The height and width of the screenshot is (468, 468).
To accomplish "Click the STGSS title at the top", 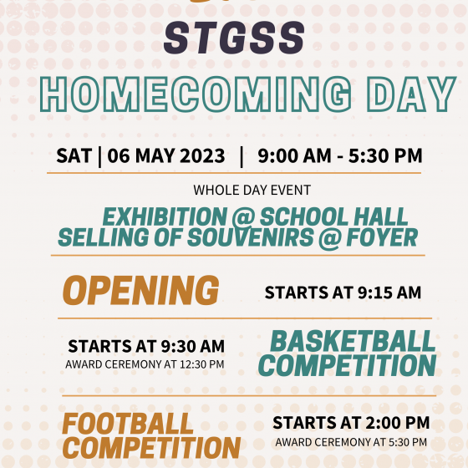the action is tap(234, 38).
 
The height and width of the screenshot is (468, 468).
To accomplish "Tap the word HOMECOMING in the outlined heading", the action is tap(196, 94).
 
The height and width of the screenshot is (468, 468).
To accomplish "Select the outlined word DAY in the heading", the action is tap(411, 94).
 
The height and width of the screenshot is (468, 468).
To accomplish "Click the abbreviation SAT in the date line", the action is tap(74, 155).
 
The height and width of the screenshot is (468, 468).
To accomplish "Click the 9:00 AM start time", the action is tap(294, 155).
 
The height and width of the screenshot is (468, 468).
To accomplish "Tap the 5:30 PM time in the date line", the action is tap(385, 155).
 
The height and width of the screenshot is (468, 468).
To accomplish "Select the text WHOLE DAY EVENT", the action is tap(252, 191).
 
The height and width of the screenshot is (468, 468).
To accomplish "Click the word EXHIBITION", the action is tap(165, 216).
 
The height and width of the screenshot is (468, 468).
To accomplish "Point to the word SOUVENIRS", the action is tap(251, 237).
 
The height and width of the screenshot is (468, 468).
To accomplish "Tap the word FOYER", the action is tap(382, 237).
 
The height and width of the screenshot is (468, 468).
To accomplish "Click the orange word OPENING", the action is tap(141, 290).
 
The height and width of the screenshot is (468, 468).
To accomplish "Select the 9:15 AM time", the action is tap(389, 292).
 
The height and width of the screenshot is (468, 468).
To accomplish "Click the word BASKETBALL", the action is tap(353, 342).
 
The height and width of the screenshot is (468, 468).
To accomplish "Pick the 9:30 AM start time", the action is tap(193, 346).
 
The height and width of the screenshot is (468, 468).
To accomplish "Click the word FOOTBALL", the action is tap(128, 424).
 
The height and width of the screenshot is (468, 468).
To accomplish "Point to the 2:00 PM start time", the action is tap(398, 423).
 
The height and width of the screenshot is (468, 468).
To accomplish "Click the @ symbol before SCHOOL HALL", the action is tap(243, 217).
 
